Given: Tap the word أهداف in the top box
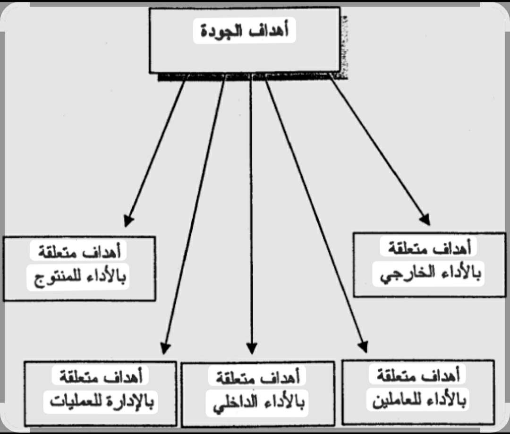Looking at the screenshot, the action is pos(268,31).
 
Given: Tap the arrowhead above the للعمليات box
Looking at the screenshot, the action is pos(165,348).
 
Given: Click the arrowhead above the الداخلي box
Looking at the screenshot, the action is pos(252,349).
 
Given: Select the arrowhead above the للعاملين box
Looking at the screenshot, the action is pos(363,347).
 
